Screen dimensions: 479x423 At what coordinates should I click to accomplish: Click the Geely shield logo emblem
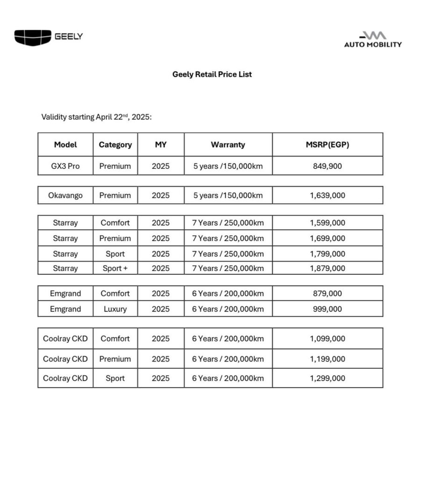33,37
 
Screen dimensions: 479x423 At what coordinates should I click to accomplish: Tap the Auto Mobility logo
373,40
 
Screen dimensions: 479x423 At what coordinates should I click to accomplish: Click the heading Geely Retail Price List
212,74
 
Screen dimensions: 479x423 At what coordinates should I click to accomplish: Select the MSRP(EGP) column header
327,145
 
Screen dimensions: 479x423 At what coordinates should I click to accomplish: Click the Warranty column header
228,145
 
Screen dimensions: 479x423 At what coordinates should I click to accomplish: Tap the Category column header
115,145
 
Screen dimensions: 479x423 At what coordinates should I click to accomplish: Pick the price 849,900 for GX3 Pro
327,166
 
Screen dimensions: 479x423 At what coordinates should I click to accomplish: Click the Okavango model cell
65,196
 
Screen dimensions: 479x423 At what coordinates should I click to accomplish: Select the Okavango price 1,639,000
327,196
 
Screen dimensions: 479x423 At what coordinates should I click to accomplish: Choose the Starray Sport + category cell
115,268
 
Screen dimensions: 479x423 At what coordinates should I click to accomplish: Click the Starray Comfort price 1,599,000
327,223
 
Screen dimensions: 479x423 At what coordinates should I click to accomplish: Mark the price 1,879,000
327,268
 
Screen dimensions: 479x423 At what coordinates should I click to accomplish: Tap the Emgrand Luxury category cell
115,309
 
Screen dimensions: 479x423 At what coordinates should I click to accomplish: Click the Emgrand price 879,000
327,294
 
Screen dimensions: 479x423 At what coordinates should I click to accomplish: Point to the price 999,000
327,309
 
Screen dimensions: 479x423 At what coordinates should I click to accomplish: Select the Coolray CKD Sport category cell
115,378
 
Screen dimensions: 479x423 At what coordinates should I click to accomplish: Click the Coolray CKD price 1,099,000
327,339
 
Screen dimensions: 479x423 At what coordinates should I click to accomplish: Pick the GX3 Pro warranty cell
228,166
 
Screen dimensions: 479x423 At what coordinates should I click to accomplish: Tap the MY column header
160,145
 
